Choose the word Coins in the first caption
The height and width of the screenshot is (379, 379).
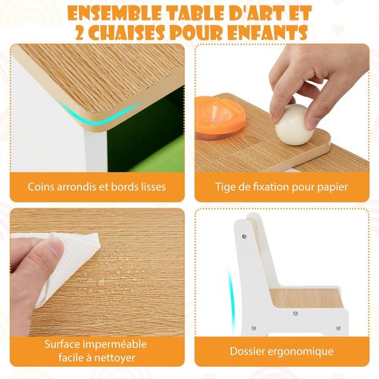[x=44, y=186]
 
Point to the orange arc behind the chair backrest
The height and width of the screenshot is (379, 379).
[x=231, y=280]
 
